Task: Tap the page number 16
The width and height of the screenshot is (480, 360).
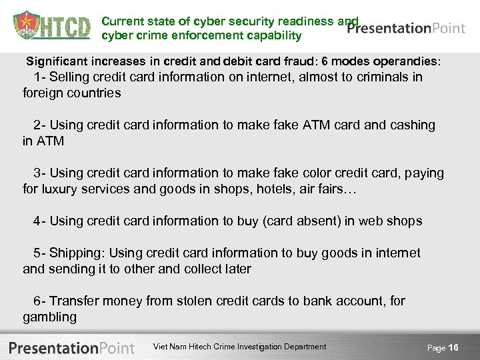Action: coord(453,347)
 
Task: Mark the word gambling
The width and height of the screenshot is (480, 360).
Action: coord(49,317)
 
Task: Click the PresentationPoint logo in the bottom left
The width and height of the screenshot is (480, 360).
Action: coord(72,347)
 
